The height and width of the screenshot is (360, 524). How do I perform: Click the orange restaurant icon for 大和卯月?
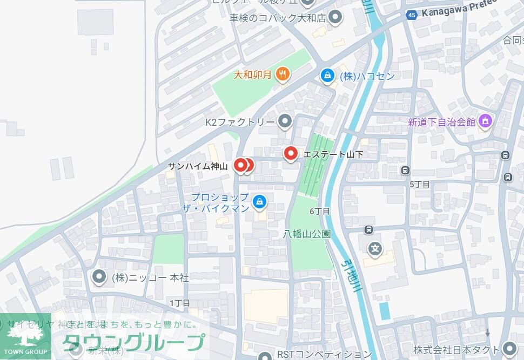[x=282, y=74]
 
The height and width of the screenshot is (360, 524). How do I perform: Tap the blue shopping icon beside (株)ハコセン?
[x=327, y=76]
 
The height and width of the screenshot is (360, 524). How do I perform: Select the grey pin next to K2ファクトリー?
[x=285, y=121]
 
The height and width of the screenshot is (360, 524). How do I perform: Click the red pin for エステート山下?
[x=291, y=154]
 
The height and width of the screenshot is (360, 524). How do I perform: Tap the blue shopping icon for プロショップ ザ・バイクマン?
[x=260, y=202]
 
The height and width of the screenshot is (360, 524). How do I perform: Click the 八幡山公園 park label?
[x=307, y=234]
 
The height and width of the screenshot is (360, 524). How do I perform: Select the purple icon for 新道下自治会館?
[x=485, y=121]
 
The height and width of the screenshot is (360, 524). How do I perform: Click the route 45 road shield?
[x=412, y=15]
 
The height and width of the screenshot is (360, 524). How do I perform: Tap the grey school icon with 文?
[x=375, y=249]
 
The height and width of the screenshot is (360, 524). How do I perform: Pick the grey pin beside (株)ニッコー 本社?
[x=99, y=277]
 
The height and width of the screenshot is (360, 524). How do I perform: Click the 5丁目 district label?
[x=419, y=184]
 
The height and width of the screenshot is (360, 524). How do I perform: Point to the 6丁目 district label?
[x=320, y=211]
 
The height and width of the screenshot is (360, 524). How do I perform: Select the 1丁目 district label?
[x=179, y=303]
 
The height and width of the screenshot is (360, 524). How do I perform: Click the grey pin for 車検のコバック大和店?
[x=335, y=17]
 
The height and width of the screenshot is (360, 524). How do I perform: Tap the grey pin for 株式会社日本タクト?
[x=508, y=348]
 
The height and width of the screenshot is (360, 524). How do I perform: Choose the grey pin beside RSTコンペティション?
[x=265, y=356]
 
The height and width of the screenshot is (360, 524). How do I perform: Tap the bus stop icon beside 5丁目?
[x=405, y=171]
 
